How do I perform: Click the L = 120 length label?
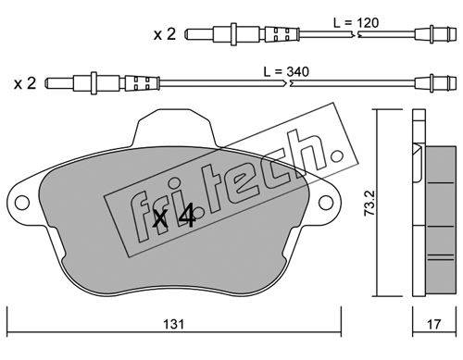click(356, 22)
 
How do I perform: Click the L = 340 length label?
click(286, 71)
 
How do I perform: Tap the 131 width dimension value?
click(174, 324)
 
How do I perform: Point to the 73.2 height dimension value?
click(369, 203)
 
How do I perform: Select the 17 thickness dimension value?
click(434, 324)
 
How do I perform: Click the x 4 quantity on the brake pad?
click(174, 216)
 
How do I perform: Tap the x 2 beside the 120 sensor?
click(165, 34)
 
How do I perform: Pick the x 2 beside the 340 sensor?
click(25, 83)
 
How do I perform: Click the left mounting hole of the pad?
click(22, 203)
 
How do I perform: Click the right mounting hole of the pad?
click(326, 203)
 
